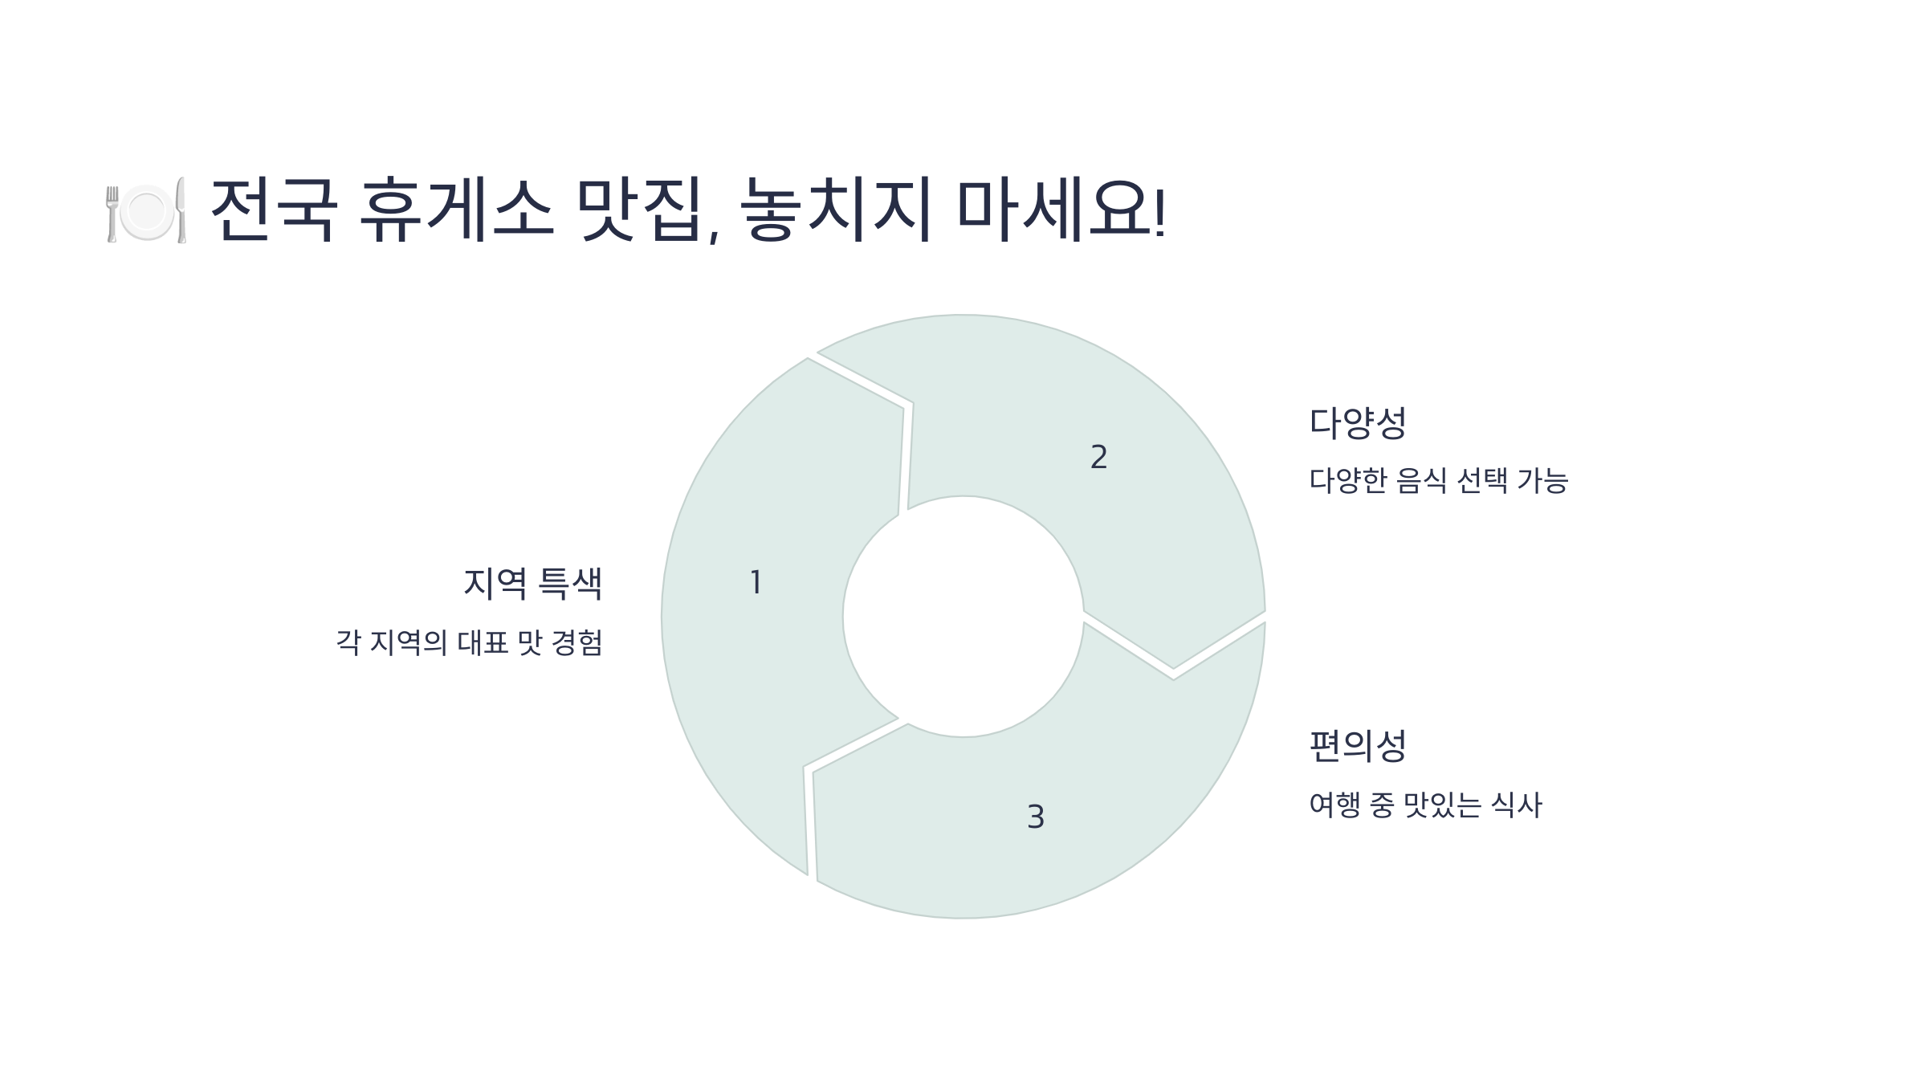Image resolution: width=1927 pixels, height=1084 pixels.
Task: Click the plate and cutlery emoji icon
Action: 147,210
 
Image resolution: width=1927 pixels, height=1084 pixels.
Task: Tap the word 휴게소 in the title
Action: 456,210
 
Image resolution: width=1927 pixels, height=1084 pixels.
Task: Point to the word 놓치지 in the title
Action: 835,210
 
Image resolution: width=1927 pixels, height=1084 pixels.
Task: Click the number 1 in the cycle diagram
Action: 756,582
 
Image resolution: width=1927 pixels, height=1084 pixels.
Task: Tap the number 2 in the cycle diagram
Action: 1098,458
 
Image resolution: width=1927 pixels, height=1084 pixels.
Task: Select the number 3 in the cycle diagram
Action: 1036,817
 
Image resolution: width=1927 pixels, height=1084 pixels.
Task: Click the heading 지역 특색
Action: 533,583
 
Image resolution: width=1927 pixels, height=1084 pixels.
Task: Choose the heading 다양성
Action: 1358,423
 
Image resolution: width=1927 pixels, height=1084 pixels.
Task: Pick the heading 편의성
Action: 1358,746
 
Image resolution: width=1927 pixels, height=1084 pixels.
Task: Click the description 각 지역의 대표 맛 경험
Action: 470,642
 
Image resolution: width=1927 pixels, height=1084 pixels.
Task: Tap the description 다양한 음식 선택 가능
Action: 1438,481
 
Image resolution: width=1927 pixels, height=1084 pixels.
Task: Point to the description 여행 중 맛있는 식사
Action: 1425,805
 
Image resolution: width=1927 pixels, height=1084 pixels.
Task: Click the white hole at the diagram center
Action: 963,617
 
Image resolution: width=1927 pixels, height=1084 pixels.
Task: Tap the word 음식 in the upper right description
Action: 1421,481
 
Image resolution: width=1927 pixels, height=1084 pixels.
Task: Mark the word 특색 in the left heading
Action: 570,583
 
